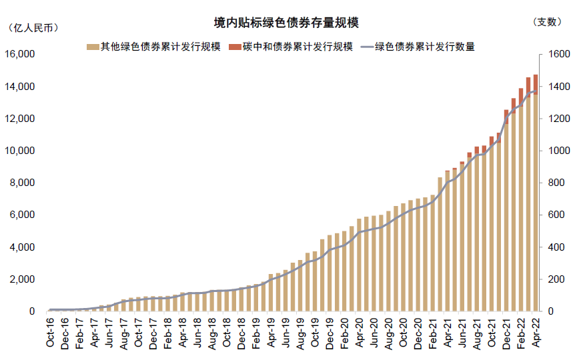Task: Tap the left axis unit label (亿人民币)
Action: tap(31, 27)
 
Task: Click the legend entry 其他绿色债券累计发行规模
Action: tap(153, 47)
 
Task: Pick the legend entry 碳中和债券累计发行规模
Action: tap(290, 47)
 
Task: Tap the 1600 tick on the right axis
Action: tap(559, 54)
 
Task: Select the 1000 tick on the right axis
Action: tap(559, 151)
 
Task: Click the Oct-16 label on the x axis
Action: tap(51, 332)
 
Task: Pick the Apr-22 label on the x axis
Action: tap(535, 332)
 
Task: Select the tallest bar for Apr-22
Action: tap(535, 200)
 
